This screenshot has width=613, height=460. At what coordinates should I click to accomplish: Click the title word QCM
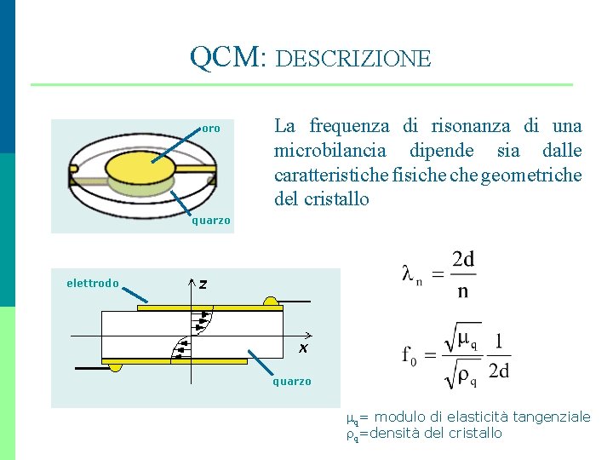click(x=226, y=57)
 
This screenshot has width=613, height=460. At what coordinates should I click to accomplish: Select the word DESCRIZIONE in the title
click(x=354, y=59)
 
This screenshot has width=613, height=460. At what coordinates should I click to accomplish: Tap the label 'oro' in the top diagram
click(x=211, y=129)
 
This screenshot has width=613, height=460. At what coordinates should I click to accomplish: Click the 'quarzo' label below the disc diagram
click(x=210, y=221)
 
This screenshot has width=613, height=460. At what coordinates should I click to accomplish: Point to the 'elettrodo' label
click(x=93, y=284)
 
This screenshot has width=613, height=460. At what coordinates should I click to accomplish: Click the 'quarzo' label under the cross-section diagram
click(x=292, y=382)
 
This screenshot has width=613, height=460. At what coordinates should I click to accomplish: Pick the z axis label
click(x=203, y=284)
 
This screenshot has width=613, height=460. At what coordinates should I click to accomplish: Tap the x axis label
click(x=302, y=349)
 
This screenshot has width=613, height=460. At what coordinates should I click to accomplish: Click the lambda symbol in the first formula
click(x=410, y=273)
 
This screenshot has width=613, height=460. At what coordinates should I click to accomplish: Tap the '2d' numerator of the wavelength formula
click(x=464, y=259)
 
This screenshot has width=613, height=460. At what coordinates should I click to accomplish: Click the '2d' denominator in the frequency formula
click(x=499, y=371)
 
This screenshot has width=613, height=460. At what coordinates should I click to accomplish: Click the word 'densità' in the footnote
click(x=396, y=433)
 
